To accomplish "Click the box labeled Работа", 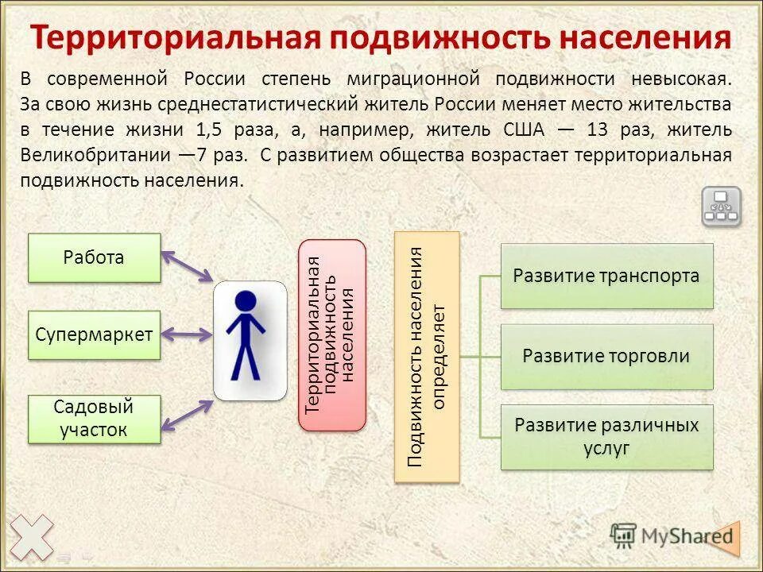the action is pos(94,257).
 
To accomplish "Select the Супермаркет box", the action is pos(94,334).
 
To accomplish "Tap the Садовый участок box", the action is pos(94,419).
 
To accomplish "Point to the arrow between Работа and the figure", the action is pos(188,266).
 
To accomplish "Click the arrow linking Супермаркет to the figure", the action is pos(188,334).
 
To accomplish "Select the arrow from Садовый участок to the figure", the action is pos(188,414).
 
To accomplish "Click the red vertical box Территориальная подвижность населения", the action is pos(331,334).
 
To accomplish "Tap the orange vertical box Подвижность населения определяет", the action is pos(427,356).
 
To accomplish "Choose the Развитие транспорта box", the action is pos(606,276).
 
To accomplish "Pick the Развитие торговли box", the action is pos(606,356).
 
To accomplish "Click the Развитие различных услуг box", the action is pos(606,436).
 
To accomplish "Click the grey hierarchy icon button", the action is pos(721,207).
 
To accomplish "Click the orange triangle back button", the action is pos(725,537).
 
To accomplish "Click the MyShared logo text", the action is pos(684,535).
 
